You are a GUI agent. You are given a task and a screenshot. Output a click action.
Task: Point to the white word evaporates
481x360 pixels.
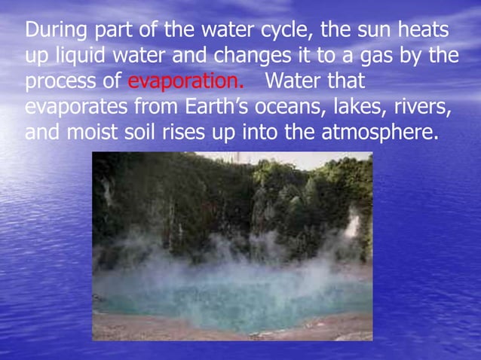(81, 108)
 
